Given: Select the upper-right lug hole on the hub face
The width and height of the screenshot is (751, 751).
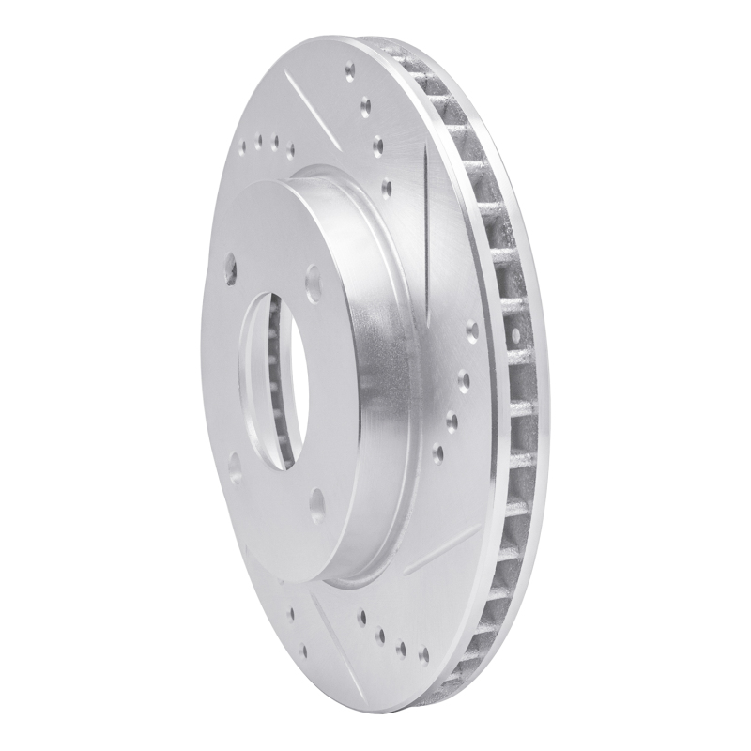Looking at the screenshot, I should click(x=313, y=274).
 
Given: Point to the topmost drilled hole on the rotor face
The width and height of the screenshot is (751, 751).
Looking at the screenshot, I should click(x=350, y=69).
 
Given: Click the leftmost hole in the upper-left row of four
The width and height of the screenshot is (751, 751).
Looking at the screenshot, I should click(x=243, y=147).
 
